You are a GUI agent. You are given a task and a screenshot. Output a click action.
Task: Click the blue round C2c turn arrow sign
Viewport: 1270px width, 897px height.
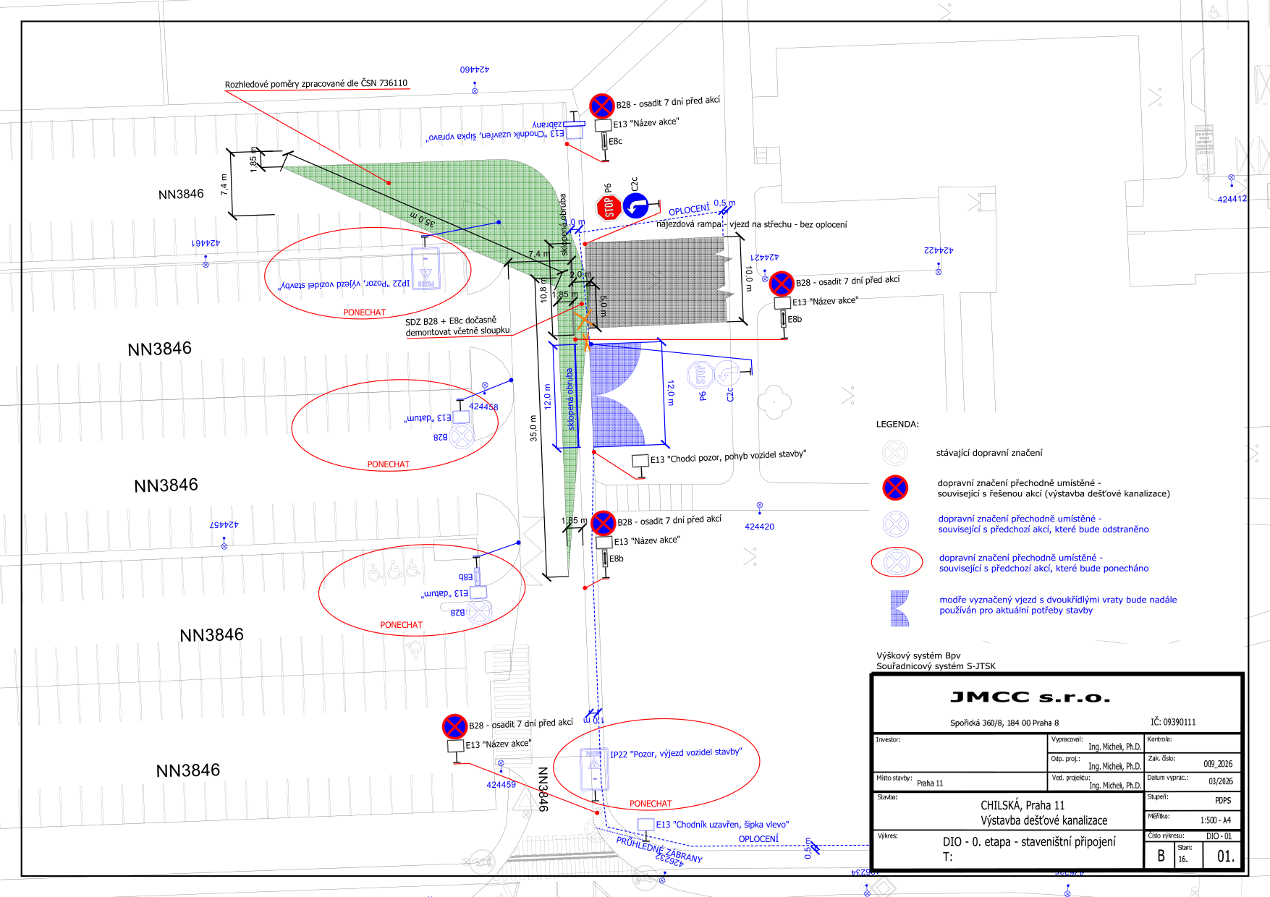[635, 206]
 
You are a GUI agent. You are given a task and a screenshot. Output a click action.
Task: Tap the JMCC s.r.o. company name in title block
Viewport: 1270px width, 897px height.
[1030, 697]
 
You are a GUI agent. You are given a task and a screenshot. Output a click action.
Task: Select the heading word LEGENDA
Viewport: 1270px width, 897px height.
[897, 425]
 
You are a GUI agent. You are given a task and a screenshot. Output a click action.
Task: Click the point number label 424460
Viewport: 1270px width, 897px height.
[475, 69]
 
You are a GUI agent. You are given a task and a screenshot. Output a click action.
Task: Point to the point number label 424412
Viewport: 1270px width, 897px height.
[1232, 199]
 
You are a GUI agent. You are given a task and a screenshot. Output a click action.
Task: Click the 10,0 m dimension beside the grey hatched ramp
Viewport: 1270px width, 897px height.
[749, 279]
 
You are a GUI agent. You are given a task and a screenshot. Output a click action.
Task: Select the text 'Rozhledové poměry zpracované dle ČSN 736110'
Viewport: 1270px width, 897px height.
[316, 84]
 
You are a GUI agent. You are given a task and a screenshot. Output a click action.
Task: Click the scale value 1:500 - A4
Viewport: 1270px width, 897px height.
[1215, 820]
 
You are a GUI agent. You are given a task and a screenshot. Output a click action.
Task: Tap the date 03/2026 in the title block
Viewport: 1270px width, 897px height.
[1220, 781]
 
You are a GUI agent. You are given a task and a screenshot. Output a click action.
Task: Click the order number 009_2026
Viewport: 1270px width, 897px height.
[1218, 764]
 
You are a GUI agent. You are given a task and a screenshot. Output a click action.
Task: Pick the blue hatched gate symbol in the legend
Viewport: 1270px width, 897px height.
[899, 608]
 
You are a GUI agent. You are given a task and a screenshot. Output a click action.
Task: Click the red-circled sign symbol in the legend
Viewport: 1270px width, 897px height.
[897, 562]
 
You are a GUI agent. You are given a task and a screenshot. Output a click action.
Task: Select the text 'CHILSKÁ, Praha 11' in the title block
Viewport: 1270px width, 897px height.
[1023, 805]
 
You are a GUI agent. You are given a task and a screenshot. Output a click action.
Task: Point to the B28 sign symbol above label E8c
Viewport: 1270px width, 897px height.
[601, 106]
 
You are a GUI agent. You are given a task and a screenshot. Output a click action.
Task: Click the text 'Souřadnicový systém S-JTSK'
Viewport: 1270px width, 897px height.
[936, 666]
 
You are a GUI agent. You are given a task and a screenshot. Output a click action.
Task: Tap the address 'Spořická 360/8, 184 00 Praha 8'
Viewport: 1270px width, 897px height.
[1004, 723]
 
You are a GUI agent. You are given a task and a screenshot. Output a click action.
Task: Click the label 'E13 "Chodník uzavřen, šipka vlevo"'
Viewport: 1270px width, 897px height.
[722, 825]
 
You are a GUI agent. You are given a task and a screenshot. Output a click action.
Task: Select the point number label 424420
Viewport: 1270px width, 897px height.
[759, 527]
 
